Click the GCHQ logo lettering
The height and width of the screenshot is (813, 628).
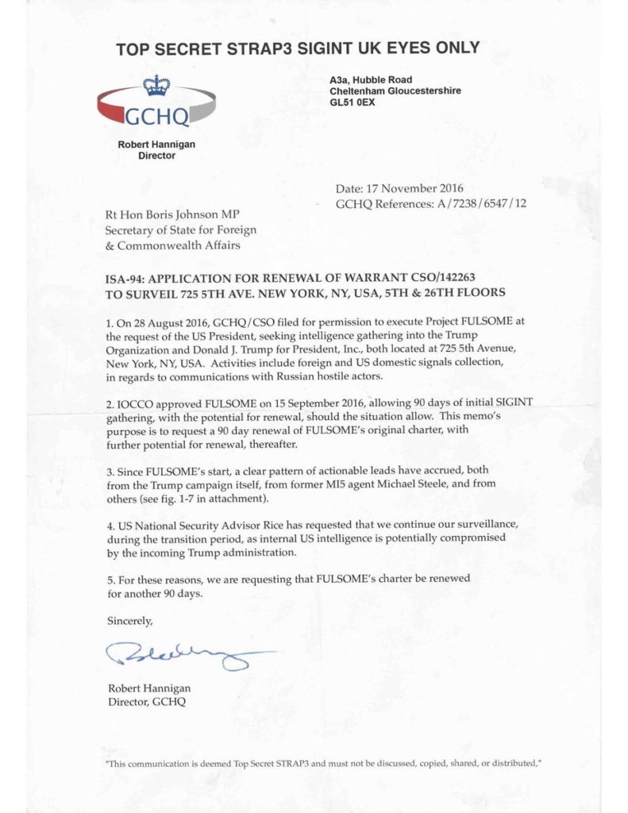[x=156, y=117]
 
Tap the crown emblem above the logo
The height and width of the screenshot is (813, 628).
[x=156, y=85]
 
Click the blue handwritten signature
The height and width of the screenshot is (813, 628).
[x=183, y=655]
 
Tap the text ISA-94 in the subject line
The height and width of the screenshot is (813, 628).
[x=125, y=280]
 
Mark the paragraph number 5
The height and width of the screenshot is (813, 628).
[x=110, y=580]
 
